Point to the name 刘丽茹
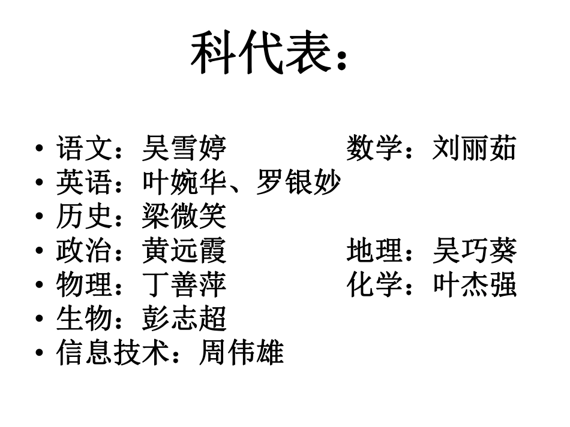(x=474, y=149)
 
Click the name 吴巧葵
(x=474, y=251)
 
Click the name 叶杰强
(x=474, y=285)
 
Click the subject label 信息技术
(x=112, y=353)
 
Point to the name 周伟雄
(x=241, y=353)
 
